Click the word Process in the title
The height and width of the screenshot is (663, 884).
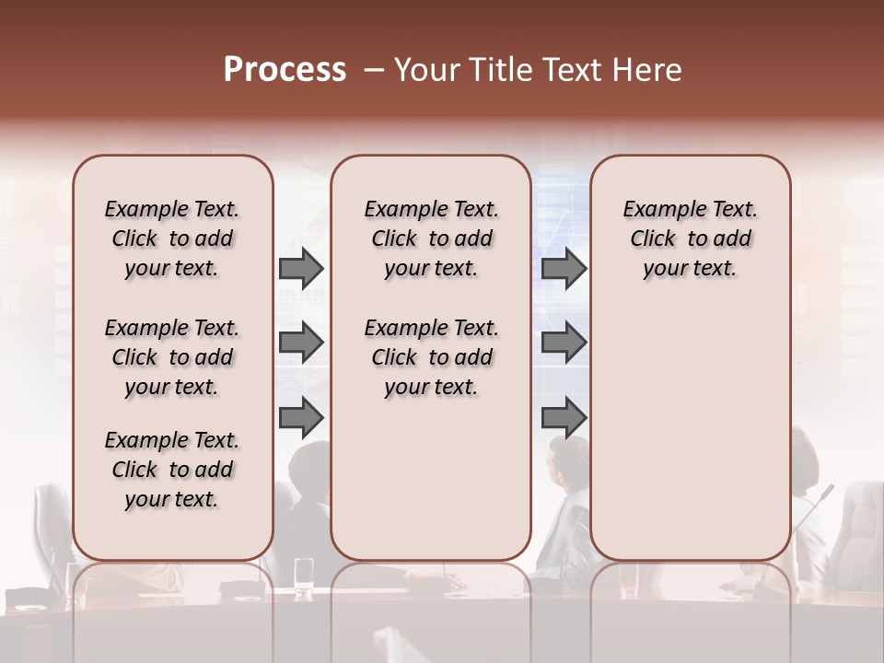click(285, 70)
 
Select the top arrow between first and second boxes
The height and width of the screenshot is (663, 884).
click(301, 269)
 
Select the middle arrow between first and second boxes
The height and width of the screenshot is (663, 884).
click(301, 343)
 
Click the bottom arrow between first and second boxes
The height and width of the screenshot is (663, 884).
click(301, 417)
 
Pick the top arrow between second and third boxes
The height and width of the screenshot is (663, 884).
click(564, 269)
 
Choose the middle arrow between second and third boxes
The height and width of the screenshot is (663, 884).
click(564, 343)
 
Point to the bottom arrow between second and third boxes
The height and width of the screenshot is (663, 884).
click(564, 417)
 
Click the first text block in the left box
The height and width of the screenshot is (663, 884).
click(172, 238)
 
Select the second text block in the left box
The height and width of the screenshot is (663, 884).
click(172, 357)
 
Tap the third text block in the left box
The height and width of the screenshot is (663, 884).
click(172, 470)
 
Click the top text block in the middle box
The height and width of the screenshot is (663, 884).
click(431, 238)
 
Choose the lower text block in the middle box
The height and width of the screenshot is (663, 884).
click(431, 357)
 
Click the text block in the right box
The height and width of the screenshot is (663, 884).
click(690, 238)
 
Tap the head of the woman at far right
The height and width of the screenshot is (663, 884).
click(805, 459)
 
